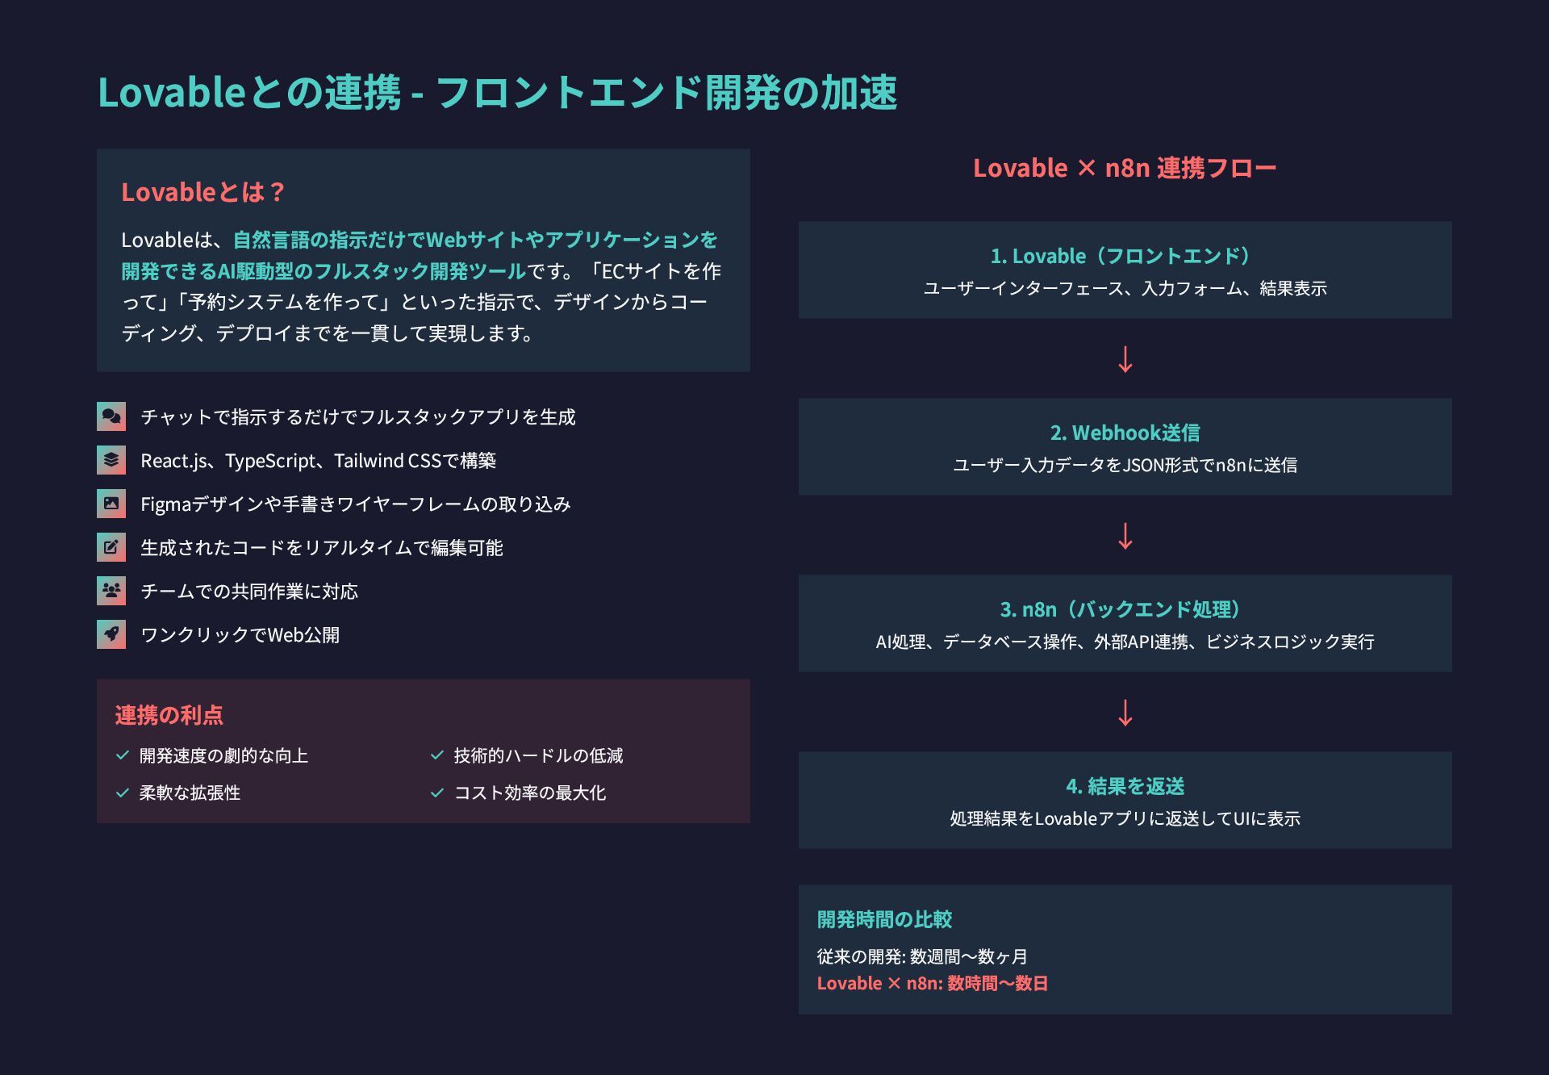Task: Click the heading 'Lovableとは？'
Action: pyautogui.click(x=203, y=192)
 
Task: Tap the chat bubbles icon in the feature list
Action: pyautogui.click(x=111, y=416)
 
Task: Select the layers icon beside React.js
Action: pyautogui.click(x=111, y=460)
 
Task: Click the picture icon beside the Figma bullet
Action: pyautogui.click(x=111, y=504)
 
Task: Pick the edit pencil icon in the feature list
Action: pyautogui.click(x=111, y=547)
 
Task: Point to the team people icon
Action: pyautogui.click(x=111, y=591)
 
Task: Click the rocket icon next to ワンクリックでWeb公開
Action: pyautogui.click(x=111, y=634)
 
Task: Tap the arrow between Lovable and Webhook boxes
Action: pyautogui.click(x=1125, y=359)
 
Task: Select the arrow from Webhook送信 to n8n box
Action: pyautogui.click(x=1125, y=536)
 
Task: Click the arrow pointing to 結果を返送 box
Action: pyautogui.click(x=1125, y=713)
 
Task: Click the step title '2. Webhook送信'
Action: pyautogui.click(x=1125, y=433)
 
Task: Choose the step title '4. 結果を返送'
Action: pyautogui.click(x=1125, y=786)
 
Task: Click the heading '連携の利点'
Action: pyautogui.click(x=169, y=715)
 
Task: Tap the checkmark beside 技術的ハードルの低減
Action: pyautogui.click(x=437, y=755)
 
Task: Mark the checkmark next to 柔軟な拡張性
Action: pyautogui.click(x=123, y=793)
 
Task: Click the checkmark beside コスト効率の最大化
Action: pyautogui.click(x=437, y=793)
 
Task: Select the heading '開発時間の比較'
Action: pyautogui.click(x=884, y=919)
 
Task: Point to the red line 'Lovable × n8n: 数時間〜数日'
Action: pyautogui.click(x=932, y=983)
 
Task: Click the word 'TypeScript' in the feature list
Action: pyautogui.click(x=271, y=461)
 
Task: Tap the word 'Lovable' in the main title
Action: pyautogui.click(x=171, y=92)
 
